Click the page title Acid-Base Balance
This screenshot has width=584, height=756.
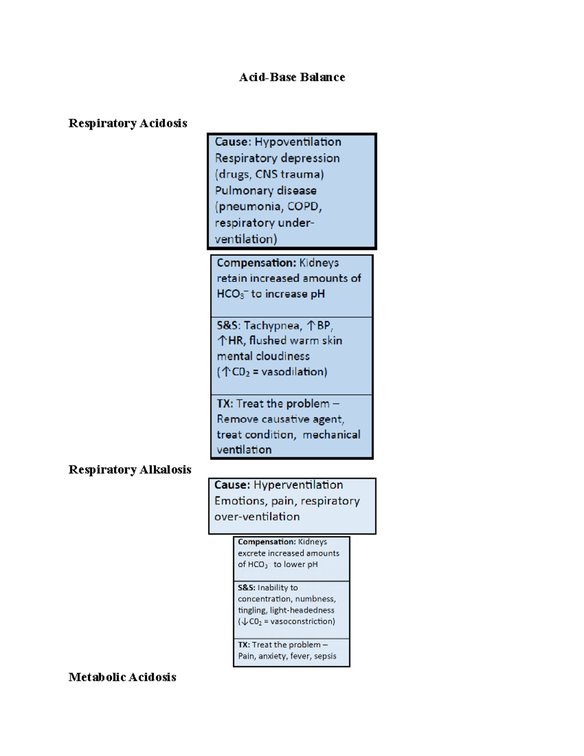coord(292,77)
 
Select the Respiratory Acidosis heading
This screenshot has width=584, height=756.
coord(128,123)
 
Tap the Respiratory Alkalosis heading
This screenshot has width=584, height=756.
coord(129,470)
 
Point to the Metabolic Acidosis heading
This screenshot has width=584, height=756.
coord(122,677)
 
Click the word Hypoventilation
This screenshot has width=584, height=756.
coord(298,142)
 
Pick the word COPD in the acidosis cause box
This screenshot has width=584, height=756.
coord(303,206)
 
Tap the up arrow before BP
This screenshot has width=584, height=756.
coord(311,325)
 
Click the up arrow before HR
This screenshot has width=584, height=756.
coord(222,341)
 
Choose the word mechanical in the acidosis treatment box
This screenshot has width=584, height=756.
coord(331,435)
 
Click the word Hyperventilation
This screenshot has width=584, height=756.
coord(298,485)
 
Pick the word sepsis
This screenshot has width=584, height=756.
coord(325,656)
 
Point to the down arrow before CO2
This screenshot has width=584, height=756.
coord(245,622)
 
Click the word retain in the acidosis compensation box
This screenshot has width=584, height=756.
coord(232,278)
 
